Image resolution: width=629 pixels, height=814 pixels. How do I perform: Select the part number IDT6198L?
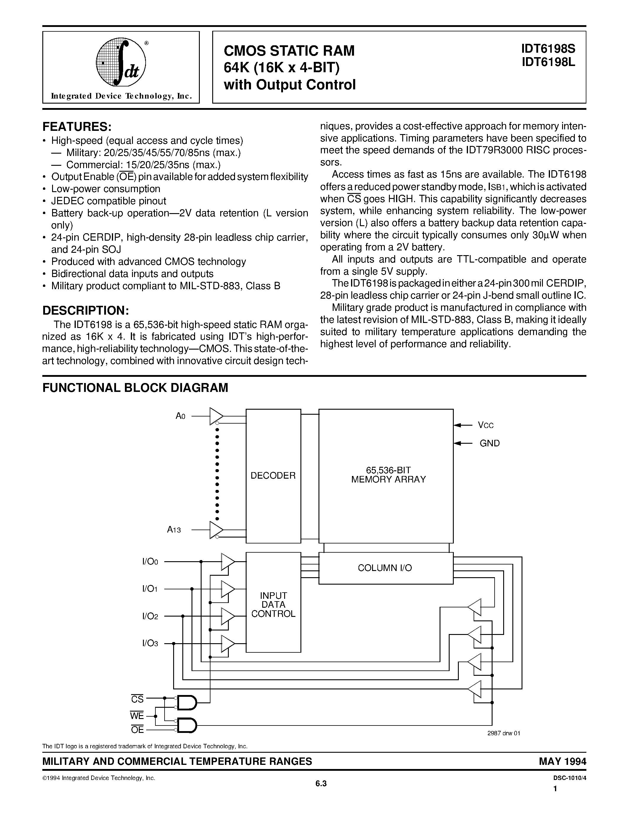click(548, 62)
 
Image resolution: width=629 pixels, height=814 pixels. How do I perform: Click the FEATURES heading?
click(77, 127)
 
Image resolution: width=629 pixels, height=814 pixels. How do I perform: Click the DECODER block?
click(273, 476)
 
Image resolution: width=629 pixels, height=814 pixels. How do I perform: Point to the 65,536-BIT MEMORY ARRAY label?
click(388, 475)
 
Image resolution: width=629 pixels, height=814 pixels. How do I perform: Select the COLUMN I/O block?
click(385, 568)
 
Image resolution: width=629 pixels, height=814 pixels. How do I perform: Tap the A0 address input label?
click(180, 416)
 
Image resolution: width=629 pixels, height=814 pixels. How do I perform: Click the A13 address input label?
click(174, 530)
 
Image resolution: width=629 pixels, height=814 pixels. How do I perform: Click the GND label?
click(489, 443)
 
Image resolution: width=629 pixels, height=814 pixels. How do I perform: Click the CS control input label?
click(138, 699)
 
